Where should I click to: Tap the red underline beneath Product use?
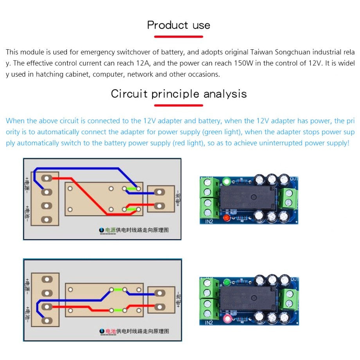[x=179, y=37]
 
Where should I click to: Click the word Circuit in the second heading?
[x=129, y=94]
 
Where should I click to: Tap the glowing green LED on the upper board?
[x=226, y=181]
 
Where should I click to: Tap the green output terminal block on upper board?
[x=289, y=198]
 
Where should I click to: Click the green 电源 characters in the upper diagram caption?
[x=110, y=230]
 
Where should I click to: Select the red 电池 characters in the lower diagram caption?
[x=110, y=331]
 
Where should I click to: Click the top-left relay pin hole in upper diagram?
[x=70, y=189]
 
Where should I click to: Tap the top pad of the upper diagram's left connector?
[x=47, y=178]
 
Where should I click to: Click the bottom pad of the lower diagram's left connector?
[x=47, y=320]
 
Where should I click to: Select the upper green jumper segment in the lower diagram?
[x=118, y=290]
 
